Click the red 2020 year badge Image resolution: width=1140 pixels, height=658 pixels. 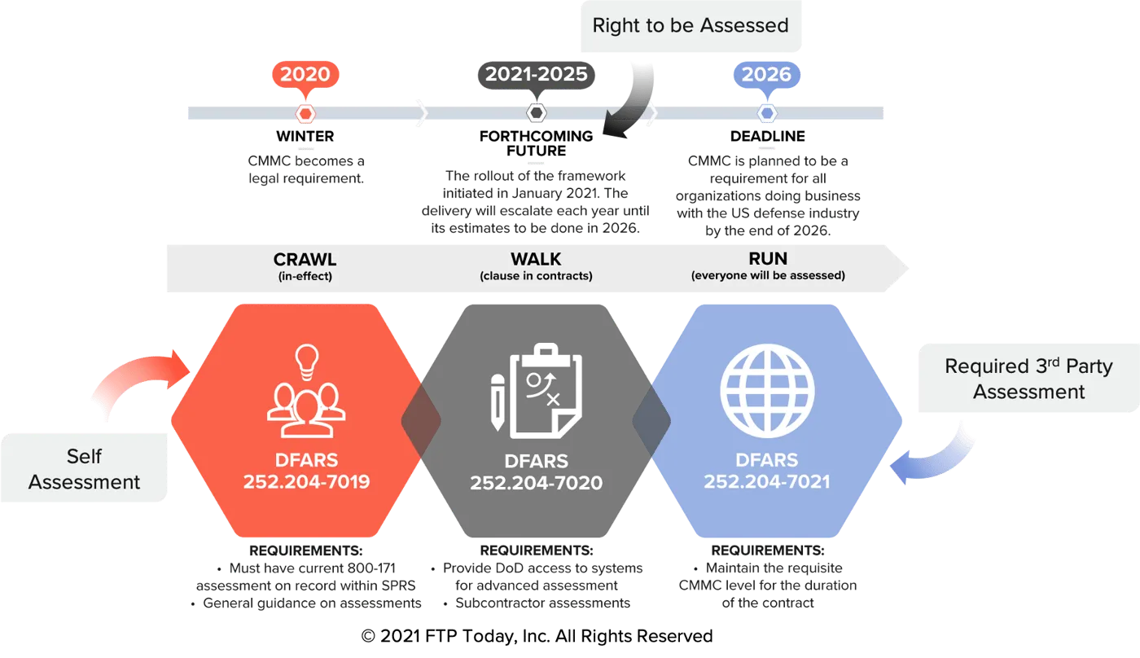(x=305, y=74)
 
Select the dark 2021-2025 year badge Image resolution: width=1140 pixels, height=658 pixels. (x=536, y=74)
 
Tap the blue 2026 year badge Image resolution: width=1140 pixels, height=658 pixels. (x=766, y=74)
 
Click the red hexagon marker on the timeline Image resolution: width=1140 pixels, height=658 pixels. (x=305, y=113)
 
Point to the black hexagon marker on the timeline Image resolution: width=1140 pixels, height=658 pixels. (x=536, y=113)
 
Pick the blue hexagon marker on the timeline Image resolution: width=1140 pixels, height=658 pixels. (x=766, y=113)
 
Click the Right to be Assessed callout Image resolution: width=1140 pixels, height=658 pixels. (x=690, y=26)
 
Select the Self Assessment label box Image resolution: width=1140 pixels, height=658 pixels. (x=85, y=469)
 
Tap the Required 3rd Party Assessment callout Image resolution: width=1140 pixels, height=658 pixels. (x=1028, y=379)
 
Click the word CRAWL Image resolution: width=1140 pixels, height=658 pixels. (x=305, y=259)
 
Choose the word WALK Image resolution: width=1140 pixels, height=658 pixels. (x=536, y=259)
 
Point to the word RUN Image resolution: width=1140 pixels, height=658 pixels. (x=768, y=259)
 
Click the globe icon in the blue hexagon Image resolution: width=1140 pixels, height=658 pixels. (x=766, y=392)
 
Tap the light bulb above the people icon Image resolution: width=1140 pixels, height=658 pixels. (x=306, y=360)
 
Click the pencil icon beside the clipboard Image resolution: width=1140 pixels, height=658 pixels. (x=497, y=401)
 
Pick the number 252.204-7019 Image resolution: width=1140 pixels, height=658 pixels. (x=306, y=481)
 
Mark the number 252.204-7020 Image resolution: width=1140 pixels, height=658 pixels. (x=536, y=483)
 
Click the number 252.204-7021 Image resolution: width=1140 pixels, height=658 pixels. (x=766, y=481)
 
